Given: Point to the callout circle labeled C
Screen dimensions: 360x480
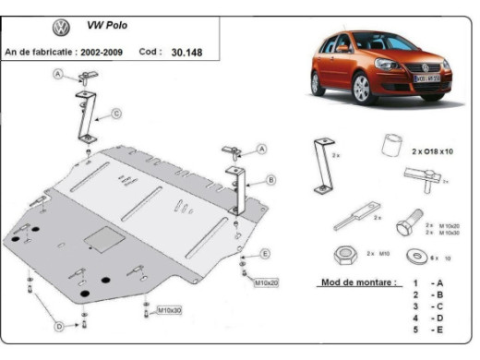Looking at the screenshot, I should [117, 114].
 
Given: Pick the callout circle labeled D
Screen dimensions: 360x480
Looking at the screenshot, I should [59, 326].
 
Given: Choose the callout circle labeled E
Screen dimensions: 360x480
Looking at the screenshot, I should [265, 253].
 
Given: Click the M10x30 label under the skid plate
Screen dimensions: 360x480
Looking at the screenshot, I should [169, 310].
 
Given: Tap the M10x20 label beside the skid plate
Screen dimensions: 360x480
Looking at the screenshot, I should [267, 282].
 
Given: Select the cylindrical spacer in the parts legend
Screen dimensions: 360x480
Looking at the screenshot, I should [391, 147].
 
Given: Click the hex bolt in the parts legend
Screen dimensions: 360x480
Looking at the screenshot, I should [406, 225].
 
